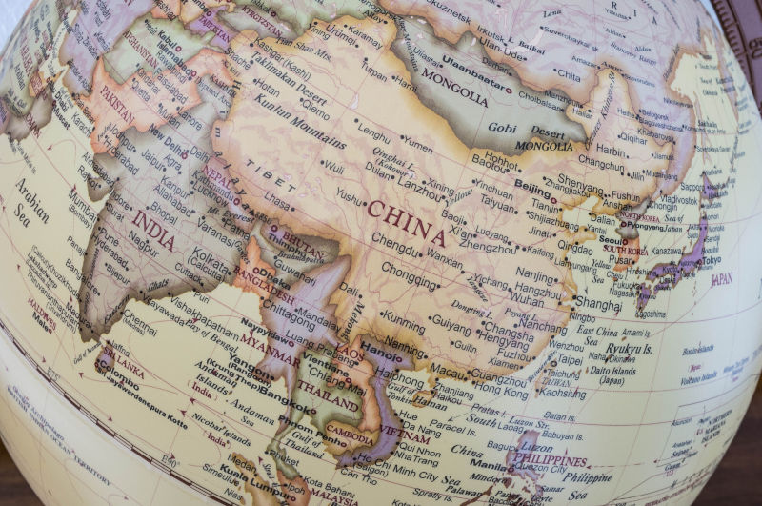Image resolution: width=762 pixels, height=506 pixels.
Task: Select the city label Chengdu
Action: [395, 245]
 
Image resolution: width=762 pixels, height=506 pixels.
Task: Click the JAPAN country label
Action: [722, 279]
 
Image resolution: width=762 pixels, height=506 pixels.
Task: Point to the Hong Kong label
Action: [500, 392]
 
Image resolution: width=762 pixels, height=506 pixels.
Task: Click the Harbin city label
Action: [611, 150]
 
